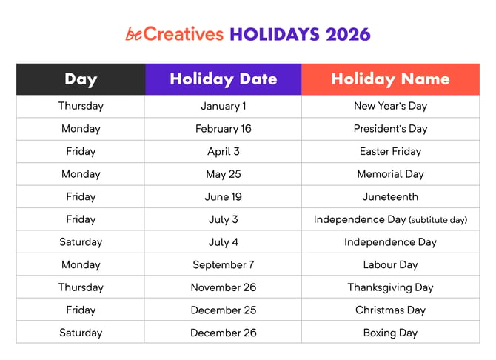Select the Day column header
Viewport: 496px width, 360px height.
click(x=81, y=79)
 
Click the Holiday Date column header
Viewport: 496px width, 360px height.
click(x=223, y=79)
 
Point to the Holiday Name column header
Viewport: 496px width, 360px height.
click(x=390, y=79)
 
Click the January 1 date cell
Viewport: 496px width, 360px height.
click(x=223, y=106)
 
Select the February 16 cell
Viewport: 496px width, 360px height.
click(x=223, y=129)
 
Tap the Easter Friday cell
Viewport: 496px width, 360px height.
click(x=390, y=151)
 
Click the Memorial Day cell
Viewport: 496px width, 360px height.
click(x=390, y=174)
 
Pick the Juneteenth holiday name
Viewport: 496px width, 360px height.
click(x=390, y=196)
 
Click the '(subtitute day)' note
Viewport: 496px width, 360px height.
click(x=438, y=220)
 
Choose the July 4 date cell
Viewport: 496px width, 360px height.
click(x=223, y=242)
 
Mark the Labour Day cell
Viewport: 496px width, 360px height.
click(x=390, y=264)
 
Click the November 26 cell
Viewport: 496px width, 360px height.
click(x=223, y=287)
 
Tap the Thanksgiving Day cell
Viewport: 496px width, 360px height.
click(x=390, y=287)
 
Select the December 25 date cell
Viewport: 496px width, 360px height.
click(x=223, y=310)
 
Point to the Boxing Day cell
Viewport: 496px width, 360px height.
click(x=390, y=333)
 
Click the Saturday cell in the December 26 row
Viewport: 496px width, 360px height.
click(x=81, y=333)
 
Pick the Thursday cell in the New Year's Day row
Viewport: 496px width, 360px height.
click(x=81, y=106)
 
